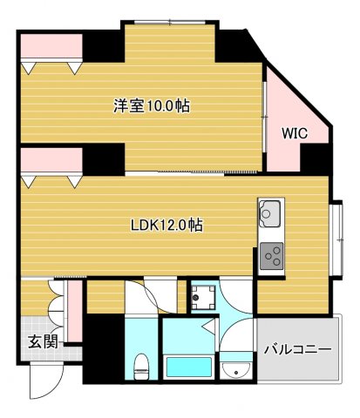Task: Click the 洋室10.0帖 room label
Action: (x=152, y=107)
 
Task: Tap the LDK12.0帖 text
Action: (x=166, y=225)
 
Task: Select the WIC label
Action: (x=294, y=133)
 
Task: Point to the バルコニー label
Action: (x=296, y=349)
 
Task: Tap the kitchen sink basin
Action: (x=268, y=211)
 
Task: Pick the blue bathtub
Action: (x=188, y=368)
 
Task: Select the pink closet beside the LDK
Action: (x=49, y=161)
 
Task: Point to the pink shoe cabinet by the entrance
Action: (x=75, y=309)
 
